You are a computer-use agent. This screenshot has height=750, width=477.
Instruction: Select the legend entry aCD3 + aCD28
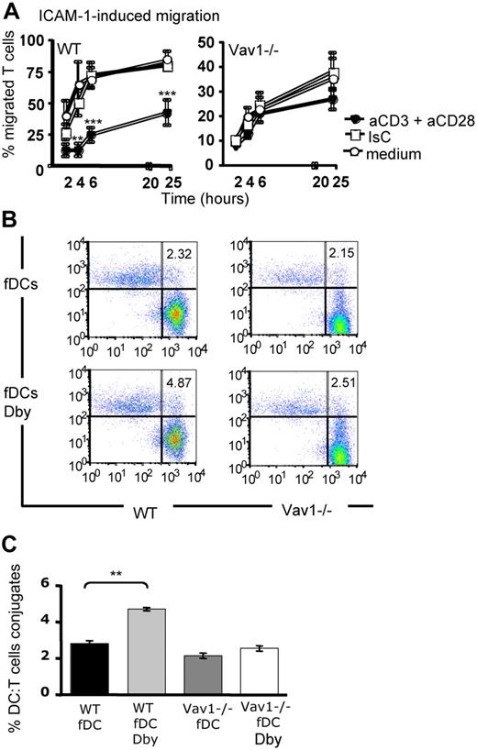click(404, 120)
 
